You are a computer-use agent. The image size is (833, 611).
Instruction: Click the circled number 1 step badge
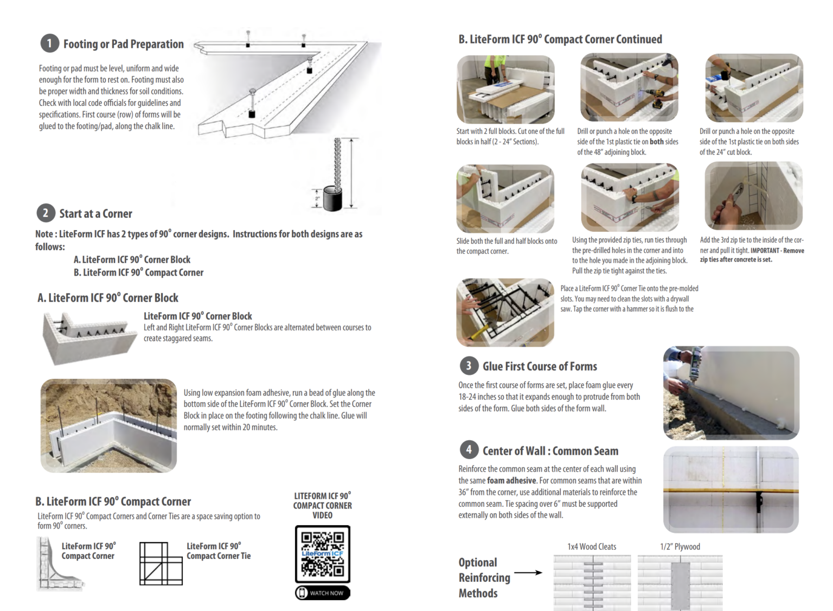(49, 43)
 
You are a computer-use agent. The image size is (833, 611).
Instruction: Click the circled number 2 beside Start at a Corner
(46, 213)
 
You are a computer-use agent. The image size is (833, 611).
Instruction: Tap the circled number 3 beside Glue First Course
(469, 366)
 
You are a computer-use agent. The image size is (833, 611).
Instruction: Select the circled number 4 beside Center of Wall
(469, 450)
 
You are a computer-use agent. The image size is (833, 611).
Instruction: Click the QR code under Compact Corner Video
(323, 553)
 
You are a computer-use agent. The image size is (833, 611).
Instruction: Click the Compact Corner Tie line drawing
(161, 563)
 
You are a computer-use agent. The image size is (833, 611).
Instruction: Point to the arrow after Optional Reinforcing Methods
(528, 572)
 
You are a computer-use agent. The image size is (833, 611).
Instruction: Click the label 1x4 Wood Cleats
(591, 546)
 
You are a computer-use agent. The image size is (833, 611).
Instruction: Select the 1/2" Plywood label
(680, 546)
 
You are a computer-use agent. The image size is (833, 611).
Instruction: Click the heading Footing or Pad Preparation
(123, 44)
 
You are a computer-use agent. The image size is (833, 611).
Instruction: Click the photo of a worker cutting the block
(505, 90)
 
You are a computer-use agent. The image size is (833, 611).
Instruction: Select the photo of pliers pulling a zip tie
(753, 196)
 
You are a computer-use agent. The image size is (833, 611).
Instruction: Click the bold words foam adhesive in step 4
(511, 481)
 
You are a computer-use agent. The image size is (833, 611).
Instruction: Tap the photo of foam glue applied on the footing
(731, 393)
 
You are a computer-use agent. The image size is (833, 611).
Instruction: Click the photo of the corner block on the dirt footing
(108, 425)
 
